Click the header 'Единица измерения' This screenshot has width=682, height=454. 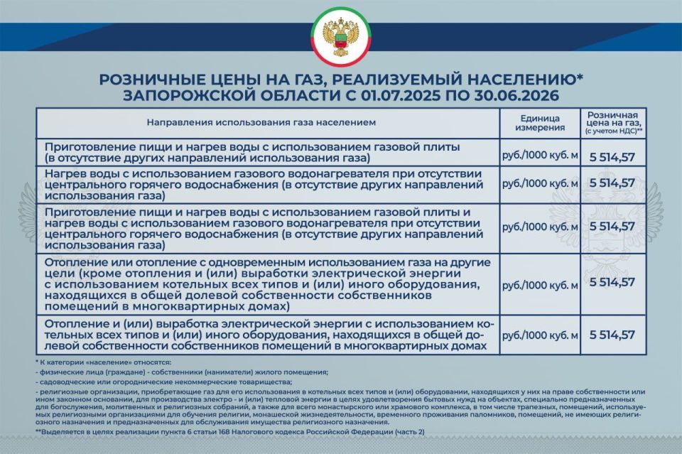click(540, 123)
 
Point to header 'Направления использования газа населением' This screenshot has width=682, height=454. click(261, 123)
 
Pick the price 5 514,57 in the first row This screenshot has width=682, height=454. click(612, 152)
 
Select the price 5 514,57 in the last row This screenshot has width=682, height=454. click(612, 335)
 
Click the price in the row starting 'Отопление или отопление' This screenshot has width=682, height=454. click(612, 283)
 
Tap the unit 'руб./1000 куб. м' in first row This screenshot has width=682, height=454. click(540, 152)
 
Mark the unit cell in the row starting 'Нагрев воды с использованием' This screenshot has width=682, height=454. click(540, 183)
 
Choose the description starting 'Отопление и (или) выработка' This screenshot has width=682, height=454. click(270, 335)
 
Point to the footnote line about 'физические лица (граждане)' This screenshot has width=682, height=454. click(182, 372)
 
